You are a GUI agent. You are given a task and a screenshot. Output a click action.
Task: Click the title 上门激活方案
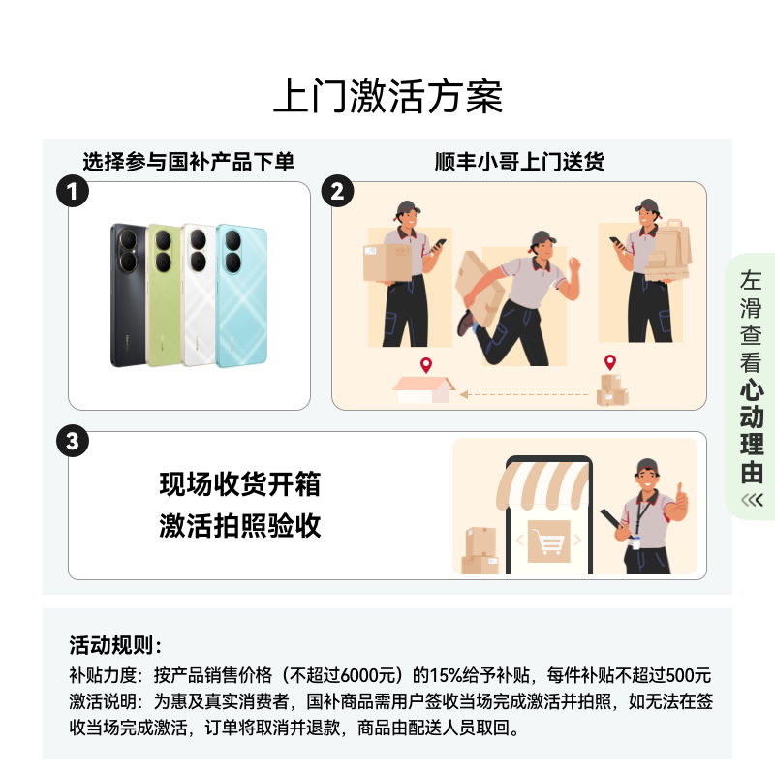tap(387, 97)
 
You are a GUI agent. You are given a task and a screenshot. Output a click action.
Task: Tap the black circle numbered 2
tap(337, 191)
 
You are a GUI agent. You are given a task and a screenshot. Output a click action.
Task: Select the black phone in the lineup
tap(129, 295)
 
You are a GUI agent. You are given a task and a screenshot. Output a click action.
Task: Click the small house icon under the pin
tap(423, 389)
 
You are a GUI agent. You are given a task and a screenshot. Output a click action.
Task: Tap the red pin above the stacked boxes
tap(610, 363)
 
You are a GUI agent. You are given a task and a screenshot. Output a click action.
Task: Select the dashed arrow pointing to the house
tap(523, 394)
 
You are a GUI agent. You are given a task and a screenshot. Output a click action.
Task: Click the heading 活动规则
tap(116, 645)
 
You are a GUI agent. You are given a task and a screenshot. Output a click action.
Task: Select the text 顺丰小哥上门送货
tap(519, 162)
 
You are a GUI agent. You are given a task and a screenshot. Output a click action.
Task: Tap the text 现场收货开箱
tap(240, 483)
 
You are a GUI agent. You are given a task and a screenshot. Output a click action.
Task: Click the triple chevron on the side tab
tap(751, 500)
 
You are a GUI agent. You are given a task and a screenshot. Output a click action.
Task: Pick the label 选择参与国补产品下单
tap(188, 162)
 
